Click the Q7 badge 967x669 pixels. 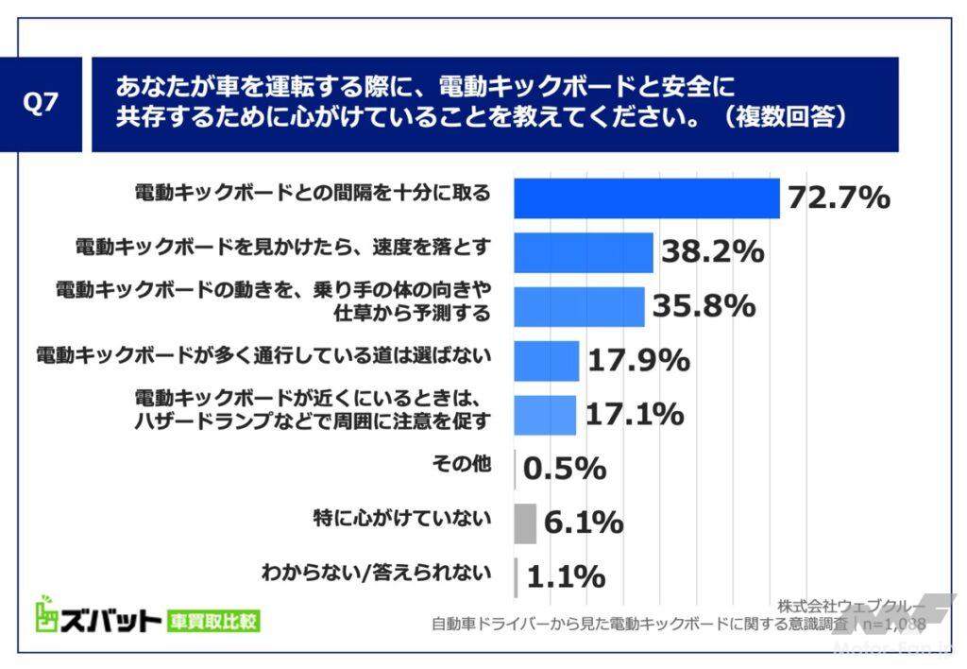41,104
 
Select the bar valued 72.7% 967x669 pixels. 646,197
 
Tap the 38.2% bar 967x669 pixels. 583,252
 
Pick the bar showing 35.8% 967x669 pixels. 578,306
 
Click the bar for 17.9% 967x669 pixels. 546,361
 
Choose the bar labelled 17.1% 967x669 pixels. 544,415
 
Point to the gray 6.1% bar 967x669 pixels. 525,523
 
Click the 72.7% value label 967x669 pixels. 838,198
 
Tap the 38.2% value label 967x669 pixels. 711,252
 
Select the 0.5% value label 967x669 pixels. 564,470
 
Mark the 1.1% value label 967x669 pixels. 564,576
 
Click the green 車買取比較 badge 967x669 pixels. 212,621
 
